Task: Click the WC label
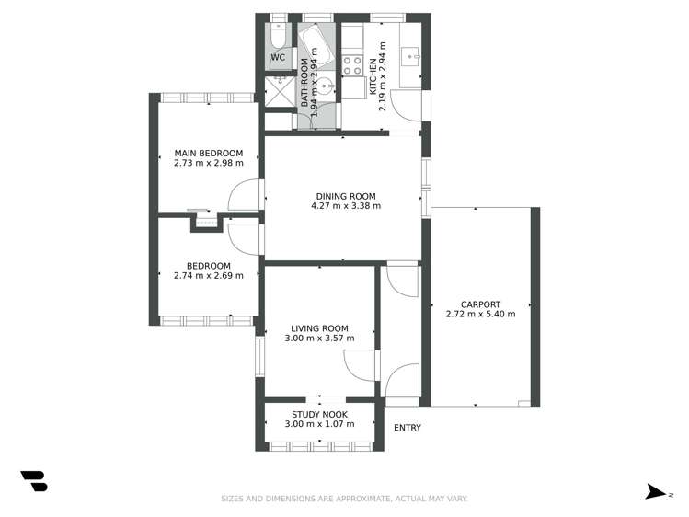[278, 58]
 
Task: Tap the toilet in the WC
[279, 35]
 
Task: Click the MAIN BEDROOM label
[209, 153]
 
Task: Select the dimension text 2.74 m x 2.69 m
[209, 275]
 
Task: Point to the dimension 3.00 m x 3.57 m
[319, 339]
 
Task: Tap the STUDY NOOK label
[319, 414]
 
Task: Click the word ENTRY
[407, 428]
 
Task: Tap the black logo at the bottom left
[34, 480]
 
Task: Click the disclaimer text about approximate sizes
[344, 499]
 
